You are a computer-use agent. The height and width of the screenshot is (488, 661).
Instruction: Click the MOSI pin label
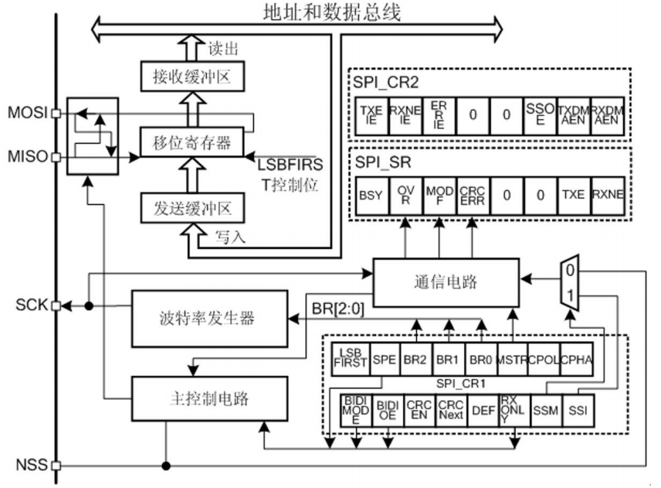click(x=27, y=113)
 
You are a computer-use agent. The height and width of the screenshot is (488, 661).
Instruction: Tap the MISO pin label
click(x=27, y=157)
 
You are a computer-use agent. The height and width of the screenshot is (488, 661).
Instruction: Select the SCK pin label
click(x=31, y=305)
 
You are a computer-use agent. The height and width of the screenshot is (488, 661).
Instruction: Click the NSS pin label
click(x=31, y=464)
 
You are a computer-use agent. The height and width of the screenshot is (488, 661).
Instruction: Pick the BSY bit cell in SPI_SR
click(x=371, y=194)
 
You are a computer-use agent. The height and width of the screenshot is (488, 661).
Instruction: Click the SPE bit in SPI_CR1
click(x=385, y=359)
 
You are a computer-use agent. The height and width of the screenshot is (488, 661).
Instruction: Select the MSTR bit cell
click(x=512, y=359)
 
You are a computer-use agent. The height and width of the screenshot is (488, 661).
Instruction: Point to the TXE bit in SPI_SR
click(x=573, y=194)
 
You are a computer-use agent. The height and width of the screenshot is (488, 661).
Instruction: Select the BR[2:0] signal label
click(x=338, y=309)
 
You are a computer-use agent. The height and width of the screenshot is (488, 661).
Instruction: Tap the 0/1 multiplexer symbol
click(x=570, y=285)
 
